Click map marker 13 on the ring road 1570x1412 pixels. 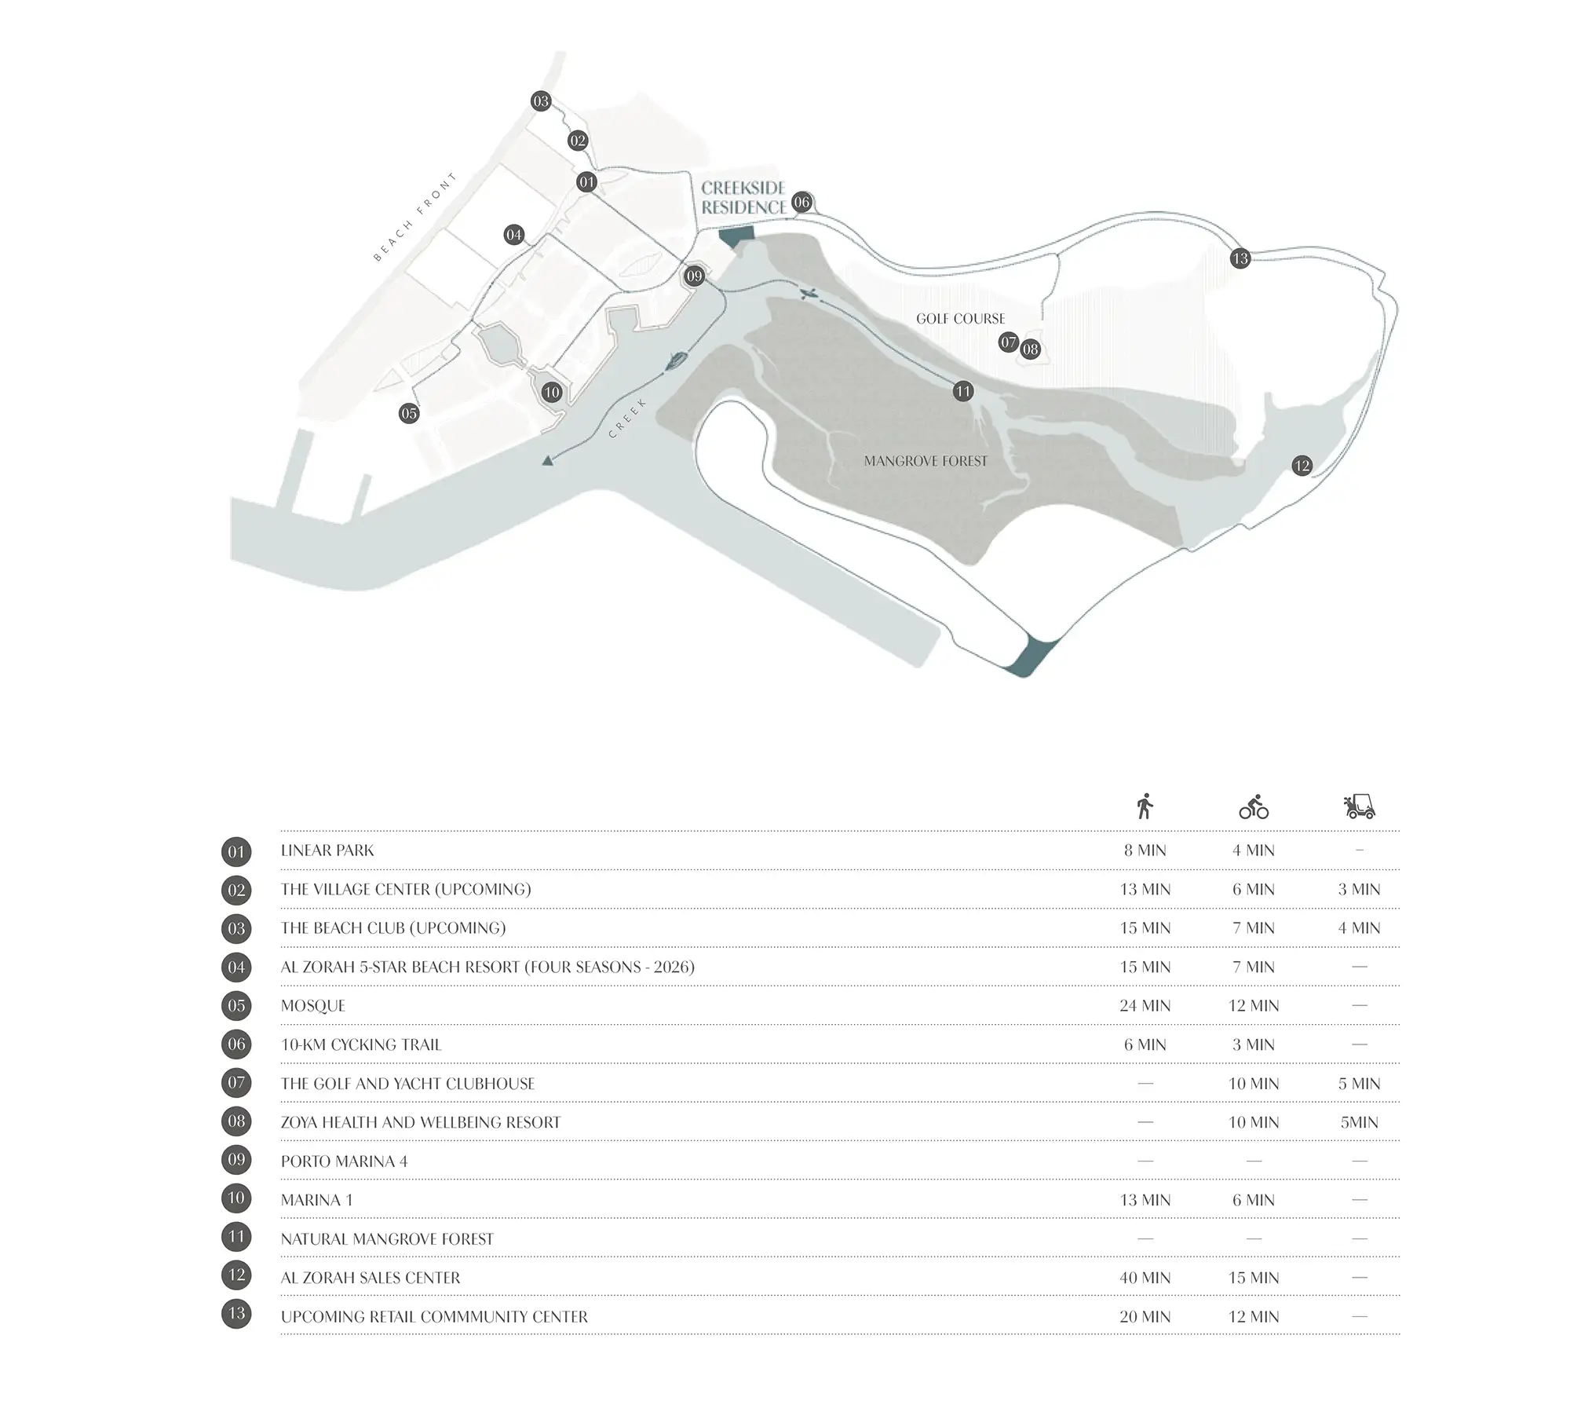(1240, 258)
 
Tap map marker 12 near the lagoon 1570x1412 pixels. (1302, 466)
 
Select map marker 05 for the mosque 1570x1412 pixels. (409, 414)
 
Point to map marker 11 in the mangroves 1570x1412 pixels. (963, 391)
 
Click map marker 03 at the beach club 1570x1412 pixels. (541, 101)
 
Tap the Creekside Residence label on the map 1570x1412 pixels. (743, 198)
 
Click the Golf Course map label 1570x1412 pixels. (961, 319)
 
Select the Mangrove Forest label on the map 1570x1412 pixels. (926, 461)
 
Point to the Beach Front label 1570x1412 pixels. (415, 218)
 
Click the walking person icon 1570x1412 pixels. (1145, 806)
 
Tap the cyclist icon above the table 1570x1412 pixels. (1254, 807)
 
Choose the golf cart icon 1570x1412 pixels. (1360, 807)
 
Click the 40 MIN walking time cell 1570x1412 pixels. (1145, 1278)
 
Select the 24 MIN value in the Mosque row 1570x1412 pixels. (1145, 1005)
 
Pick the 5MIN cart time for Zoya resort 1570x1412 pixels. (1360, 1122)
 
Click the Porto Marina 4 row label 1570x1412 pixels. (345, 1161)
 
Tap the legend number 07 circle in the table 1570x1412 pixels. (236, 1083)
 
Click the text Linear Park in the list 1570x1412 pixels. (327, 850)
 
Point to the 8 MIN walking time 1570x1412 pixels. (1145, 850)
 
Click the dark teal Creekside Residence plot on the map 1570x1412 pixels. (736, 237)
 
